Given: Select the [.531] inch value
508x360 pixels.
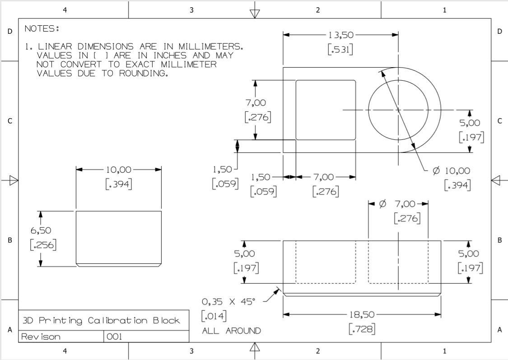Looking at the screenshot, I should pyautogui.click(x=340, y=50).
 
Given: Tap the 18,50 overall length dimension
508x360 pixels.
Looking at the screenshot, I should pyautogui.click(x=362, y=314).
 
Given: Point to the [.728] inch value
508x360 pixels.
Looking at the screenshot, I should pyautogui.click(x=362, y=329).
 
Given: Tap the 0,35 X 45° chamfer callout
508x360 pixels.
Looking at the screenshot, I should pyautogui.click(x=228, y=301).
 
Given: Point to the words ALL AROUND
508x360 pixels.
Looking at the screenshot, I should pyautogui.click(x=231, y=331).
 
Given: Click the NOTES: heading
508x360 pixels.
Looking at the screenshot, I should pyautogui.click(x=42, y=29).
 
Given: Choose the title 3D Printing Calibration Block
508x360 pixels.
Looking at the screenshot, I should pyautogui.click(x=101, y=321).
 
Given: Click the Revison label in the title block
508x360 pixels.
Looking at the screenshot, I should pyautogui.click(x=41, y=337).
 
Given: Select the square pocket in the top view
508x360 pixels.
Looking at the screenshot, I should pyautogui.click(x=326, y=110).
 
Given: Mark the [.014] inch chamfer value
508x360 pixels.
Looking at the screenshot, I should pyautogui.click(x=214, y=315).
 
